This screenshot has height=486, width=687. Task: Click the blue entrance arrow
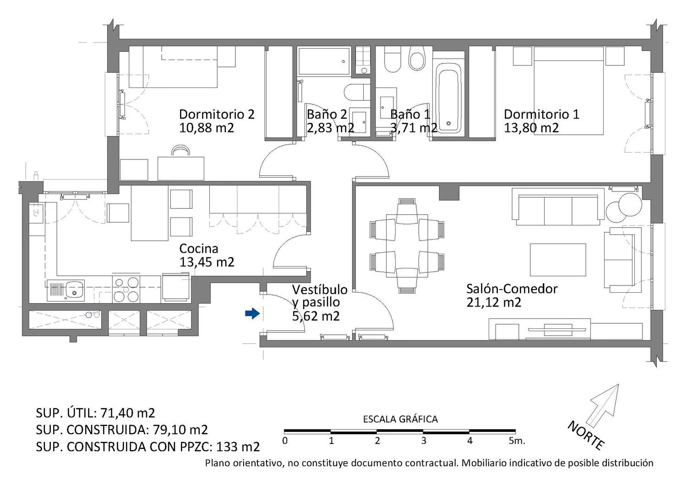coord(252,313)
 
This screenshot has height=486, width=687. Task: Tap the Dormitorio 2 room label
coord(217,114)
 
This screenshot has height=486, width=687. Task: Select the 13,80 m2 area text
coord(531,128)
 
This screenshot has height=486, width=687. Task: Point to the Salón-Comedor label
coord(512,289)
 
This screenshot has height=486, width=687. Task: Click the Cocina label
coord(199,248)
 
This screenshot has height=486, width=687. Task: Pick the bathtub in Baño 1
coord(448,98)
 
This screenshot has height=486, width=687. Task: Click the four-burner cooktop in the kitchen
coord(126,289)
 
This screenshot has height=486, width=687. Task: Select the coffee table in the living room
coord(558,260)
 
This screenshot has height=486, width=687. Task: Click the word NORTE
coord(586,436)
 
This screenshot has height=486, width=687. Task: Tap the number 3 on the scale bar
coord(424,441)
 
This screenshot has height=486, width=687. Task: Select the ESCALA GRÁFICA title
coord(400,419)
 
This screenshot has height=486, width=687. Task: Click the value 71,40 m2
coord(128,413)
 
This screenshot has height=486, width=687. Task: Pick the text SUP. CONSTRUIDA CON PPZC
coord(124,447)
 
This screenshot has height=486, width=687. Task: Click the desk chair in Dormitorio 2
coord(180,151)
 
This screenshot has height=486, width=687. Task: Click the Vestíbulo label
coord(320,289)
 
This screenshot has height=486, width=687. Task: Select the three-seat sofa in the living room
coord(558,207)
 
